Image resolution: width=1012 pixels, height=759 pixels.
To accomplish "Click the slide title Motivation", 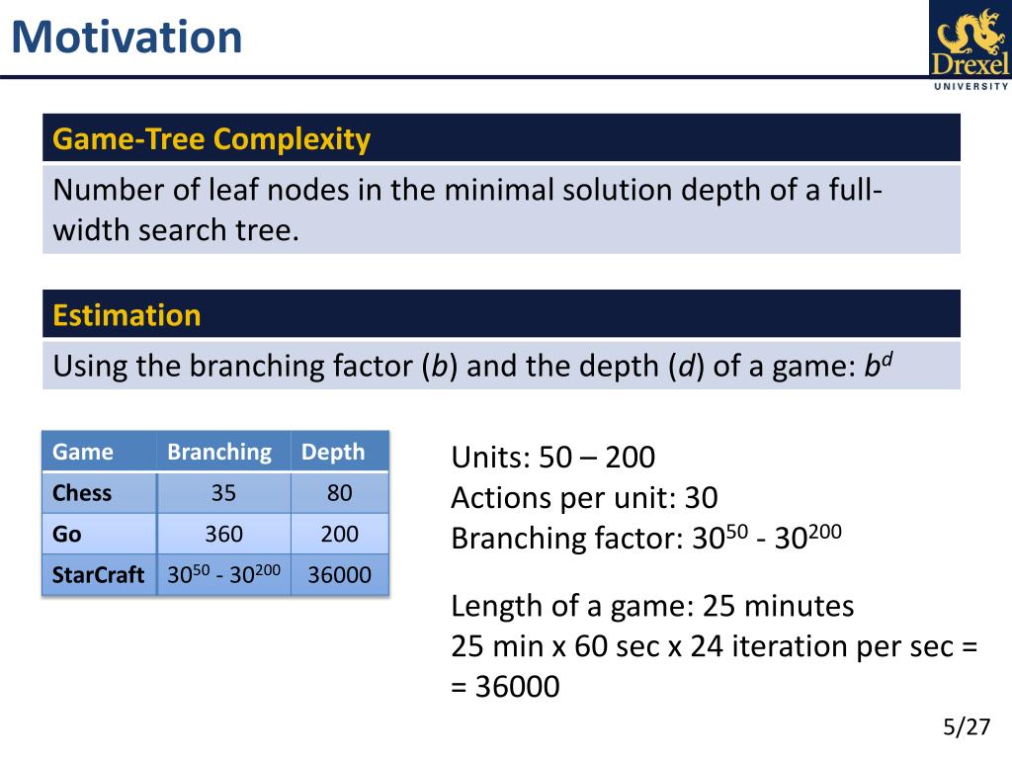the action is (x=127, y=37).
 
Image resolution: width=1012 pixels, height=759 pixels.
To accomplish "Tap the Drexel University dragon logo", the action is (x=970, y=46).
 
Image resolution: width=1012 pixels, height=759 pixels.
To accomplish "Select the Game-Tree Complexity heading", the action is (x=211, y=138).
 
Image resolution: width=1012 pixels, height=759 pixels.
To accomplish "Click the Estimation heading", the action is (x=126, y=315).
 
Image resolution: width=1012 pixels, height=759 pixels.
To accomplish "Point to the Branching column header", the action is (x=219, y=452).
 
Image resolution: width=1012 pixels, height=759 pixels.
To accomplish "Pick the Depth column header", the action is (x=333, y=452).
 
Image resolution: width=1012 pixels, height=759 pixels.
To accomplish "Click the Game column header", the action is (x=83, y=452).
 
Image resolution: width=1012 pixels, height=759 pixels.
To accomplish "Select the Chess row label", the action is (x=82, y=493).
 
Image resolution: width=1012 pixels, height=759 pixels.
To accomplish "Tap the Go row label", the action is (x=66, y=535).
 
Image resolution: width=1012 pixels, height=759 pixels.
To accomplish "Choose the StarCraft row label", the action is (x=98, y=574).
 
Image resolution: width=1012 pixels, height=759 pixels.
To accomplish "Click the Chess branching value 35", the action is (x=223, y=493).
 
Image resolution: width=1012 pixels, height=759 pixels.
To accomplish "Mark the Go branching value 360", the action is (x=223, y=535).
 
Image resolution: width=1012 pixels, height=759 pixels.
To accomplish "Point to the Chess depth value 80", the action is (x=340, y=493).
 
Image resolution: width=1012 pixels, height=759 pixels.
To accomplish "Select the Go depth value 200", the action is (x=340, y=535).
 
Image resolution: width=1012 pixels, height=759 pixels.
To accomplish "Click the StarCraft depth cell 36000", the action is (x=340, y=574).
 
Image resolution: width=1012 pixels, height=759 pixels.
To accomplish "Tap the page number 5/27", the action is (x=967, y=726).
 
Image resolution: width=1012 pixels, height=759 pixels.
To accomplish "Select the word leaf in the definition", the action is (x=233, y=190).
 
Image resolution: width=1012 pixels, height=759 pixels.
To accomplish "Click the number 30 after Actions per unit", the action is (x=701, y=498).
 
